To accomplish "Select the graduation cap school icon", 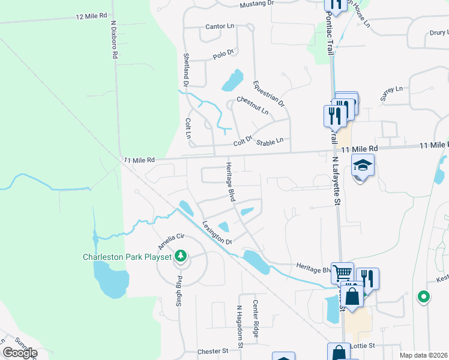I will point(363,165).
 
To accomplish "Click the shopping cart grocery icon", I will point(342,274).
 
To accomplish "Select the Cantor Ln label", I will point(218,27).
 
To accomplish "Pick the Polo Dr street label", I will point(223,55).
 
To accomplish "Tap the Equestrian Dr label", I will point(268,94).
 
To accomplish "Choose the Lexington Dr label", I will point(217,233).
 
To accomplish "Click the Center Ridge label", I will point(256,319).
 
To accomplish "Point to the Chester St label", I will point(214,351).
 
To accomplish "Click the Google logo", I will point(20,353).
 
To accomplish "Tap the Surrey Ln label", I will point(391,92).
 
